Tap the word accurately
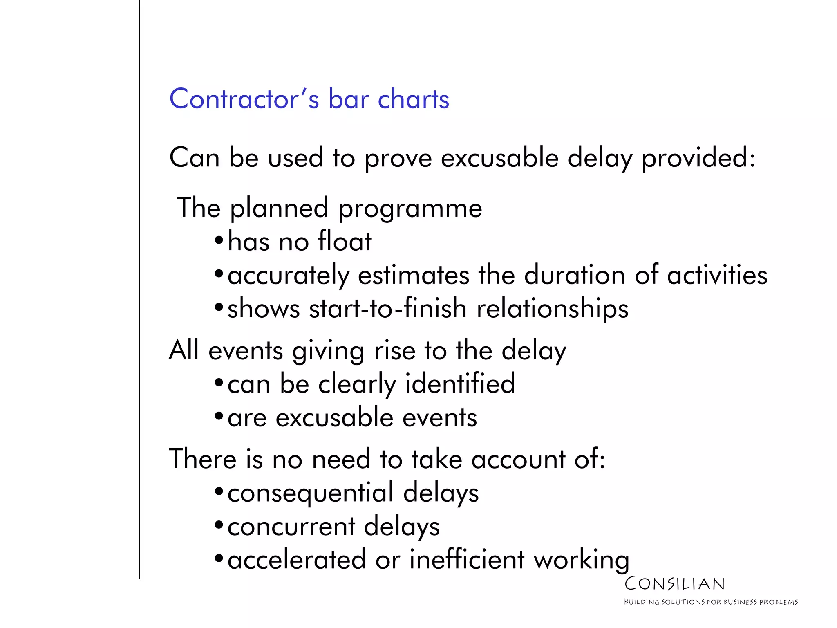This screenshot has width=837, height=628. click(288, 276)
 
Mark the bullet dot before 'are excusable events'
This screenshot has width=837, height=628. click(219, 417)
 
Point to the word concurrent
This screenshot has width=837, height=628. click(291, 527)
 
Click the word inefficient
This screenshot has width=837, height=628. click(467, 560)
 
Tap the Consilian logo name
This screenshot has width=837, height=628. click(674, 584)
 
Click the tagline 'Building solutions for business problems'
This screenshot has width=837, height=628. click(710, 602)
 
